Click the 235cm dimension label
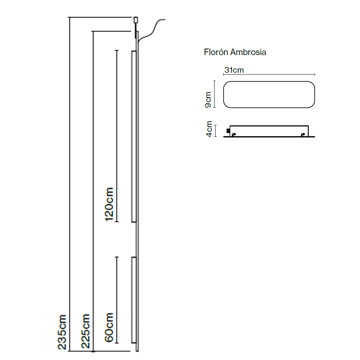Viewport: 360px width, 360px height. (x=62, y=332)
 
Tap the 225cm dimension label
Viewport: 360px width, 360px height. (x=85, y=331)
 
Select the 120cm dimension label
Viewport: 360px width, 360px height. (x=109, y=204)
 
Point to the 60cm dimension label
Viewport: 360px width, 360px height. (x=109, y=327)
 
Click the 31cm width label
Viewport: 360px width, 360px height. (x=234, y=70)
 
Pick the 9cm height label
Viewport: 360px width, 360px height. (x=208, y=100)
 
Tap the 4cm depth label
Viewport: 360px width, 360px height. (x=209, y=129)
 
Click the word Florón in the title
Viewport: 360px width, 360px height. (x=216, y=52)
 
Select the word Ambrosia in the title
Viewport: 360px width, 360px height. (x=248, y=52)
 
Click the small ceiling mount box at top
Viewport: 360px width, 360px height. (x=136, y=20)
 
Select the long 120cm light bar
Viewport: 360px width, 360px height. (x=134, y=136)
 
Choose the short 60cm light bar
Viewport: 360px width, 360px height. (x=134, y=300)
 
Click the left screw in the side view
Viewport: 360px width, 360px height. (x=234, y=135)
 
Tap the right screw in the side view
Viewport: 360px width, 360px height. (x=303, y=135)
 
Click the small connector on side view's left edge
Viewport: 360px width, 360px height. (x=228, y=131)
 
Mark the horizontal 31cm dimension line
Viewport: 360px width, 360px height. (x=269, y=74)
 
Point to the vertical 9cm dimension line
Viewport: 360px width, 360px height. (x=215, y=94)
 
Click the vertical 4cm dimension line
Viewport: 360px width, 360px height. (x=215, y=131)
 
